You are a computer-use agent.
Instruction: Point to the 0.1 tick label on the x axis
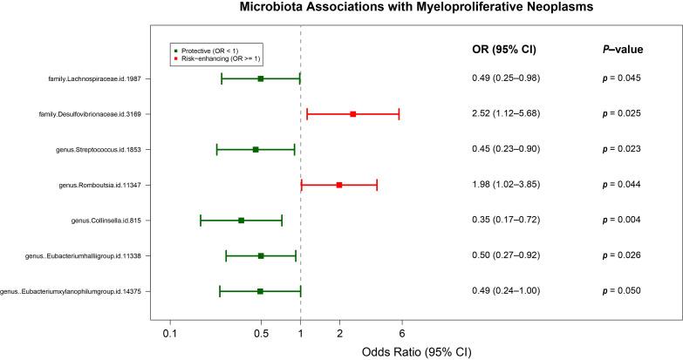pos(169,332)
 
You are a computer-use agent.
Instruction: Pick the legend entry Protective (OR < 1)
pos(211,50)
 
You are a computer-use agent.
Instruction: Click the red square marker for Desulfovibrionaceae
pos(353,114)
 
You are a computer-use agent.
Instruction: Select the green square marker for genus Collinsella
pos(241,221)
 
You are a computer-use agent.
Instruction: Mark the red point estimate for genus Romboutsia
pos(339,185)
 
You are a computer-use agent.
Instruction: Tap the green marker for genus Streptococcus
pos(256,150)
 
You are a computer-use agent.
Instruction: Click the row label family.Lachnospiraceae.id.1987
pos(100,79)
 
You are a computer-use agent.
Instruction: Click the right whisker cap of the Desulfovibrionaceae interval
pos(399,114)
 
